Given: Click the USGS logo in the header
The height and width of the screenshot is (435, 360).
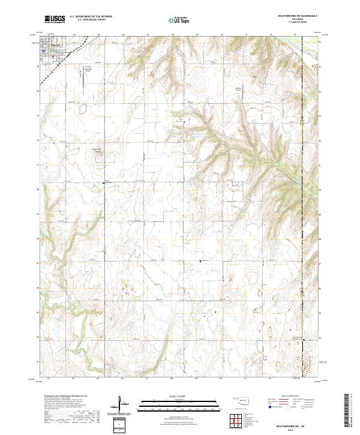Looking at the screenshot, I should coord(55,20).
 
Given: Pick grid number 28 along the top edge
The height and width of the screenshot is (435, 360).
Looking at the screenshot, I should coord(173,35).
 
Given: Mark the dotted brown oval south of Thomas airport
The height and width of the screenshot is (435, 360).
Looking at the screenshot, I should coord(83,108).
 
